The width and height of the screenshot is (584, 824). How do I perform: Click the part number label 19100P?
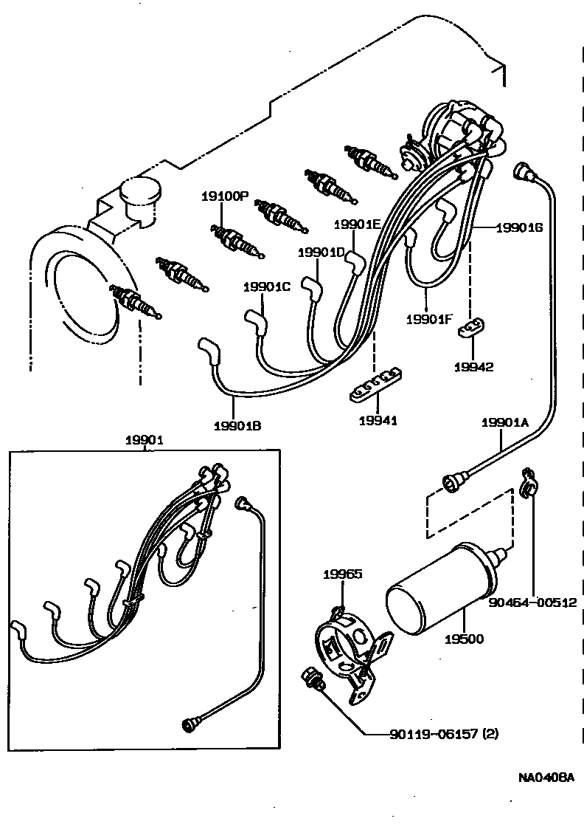click(226, 196)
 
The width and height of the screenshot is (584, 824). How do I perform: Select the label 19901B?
click(237, 425)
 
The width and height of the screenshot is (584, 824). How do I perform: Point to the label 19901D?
click(321, 253)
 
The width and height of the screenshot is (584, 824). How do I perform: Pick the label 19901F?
click(429, 320)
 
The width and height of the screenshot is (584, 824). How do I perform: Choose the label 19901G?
click(519, 227)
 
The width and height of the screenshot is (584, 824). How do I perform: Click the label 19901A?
click(506, 423)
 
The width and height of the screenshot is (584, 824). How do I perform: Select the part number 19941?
click(378, 421)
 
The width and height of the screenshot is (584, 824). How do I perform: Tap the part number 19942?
click(473, 367)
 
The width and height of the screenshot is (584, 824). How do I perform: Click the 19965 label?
click(343, 574)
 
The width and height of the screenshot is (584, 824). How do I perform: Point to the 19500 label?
click(465, 638)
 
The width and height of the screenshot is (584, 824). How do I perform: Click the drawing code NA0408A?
click(546, 778)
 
